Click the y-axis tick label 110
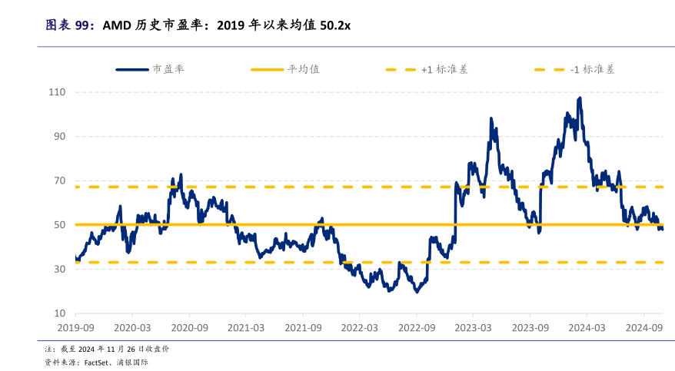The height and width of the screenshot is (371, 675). pyautogui.click(x=58, y=92)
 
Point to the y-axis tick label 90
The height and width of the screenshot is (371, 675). pyautogui.click(x=60, y=136)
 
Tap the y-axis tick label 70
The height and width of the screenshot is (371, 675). pyautogui.click(x=60, y=181)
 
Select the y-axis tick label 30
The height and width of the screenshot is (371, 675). pyautogui.click(x=60, y=269)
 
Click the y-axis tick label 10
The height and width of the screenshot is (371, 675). pyautogui.click(x=60, y=313)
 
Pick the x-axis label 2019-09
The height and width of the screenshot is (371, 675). pyautogui.click(x=75, y=327)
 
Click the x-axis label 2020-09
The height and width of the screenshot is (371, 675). pyautogui.click(x=188, y=327)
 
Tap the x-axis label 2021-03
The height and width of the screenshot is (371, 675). pyautogui.click(x=245, y=327)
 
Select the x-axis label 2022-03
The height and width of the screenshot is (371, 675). pyautogui.click(x=359, y=327)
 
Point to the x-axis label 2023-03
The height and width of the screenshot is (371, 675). pyautogui.click(x=472, y=327)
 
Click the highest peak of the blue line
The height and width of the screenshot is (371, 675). pyautogui.click(x=579, y=98)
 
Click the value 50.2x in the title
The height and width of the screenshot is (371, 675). pyautogui.click(x=335, y=25)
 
